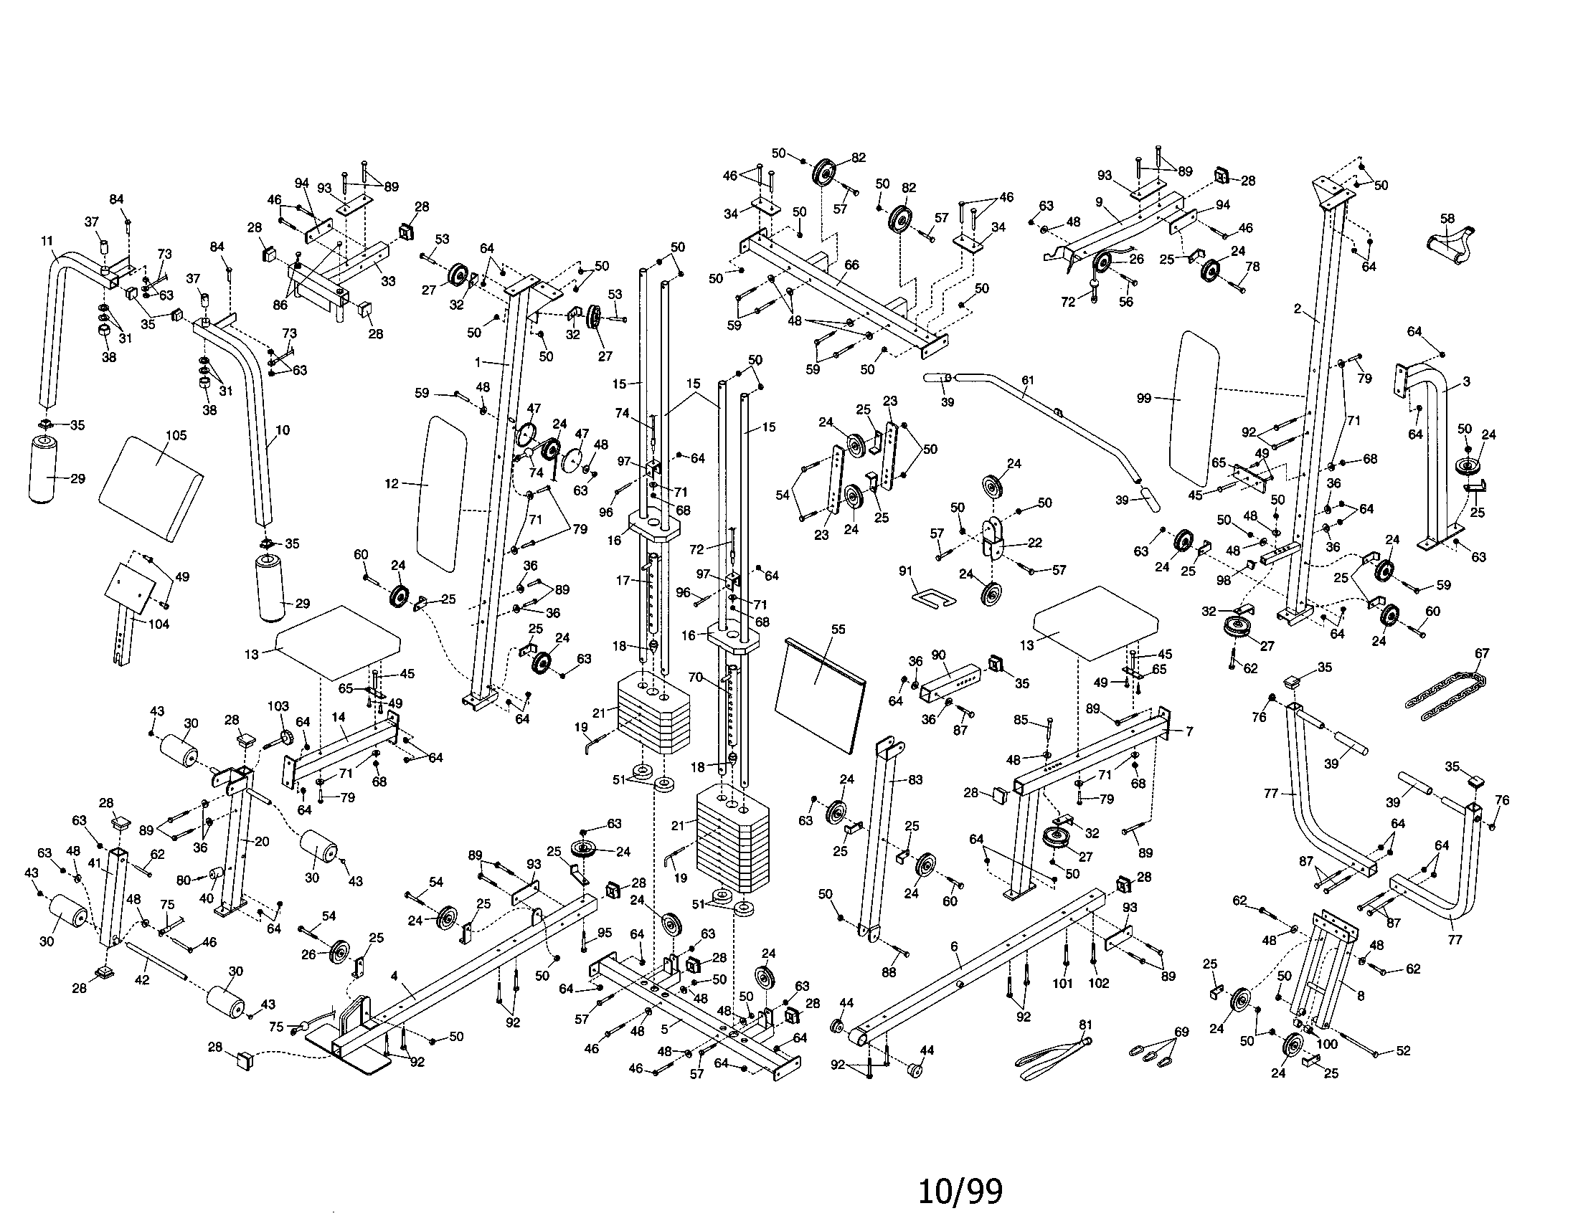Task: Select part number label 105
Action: pos(176,434)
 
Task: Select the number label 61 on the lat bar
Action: pos(1027,380)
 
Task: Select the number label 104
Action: pos(159,624)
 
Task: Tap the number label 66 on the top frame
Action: pos(851,265)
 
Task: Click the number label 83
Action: pos(915,780)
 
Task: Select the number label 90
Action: pos(939,655)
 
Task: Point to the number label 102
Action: pos(1097,983)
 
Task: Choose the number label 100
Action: pos(1327,1044)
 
